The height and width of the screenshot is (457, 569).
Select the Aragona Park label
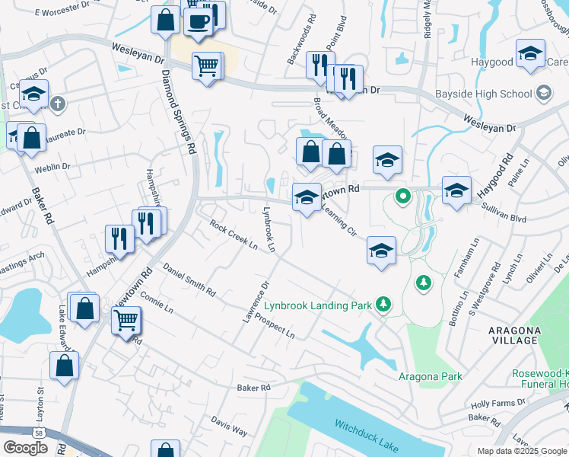pos(430,376)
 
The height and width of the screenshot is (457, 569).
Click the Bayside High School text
pos(483,94)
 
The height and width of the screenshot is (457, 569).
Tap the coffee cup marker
pos(199,21)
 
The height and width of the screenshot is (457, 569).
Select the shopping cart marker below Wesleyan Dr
pos(206,66)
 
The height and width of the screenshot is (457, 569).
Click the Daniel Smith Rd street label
pos(189,281)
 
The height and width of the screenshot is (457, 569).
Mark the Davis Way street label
pos(229,426)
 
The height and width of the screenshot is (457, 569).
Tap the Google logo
pos(25,447)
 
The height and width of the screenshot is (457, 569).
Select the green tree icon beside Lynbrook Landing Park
pos(384,305)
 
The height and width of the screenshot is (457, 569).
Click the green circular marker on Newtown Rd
pos(403,197)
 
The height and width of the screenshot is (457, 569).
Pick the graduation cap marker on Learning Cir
pos(381,251)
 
